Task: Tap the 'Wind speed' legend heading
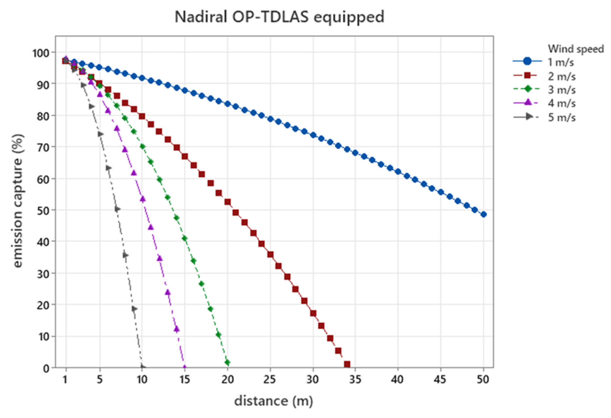point(576,49)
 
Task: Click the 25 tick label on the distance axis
point(270,379)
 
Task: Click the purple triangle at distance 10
point(142,199)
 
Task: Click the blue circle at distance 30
point(313,135)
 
